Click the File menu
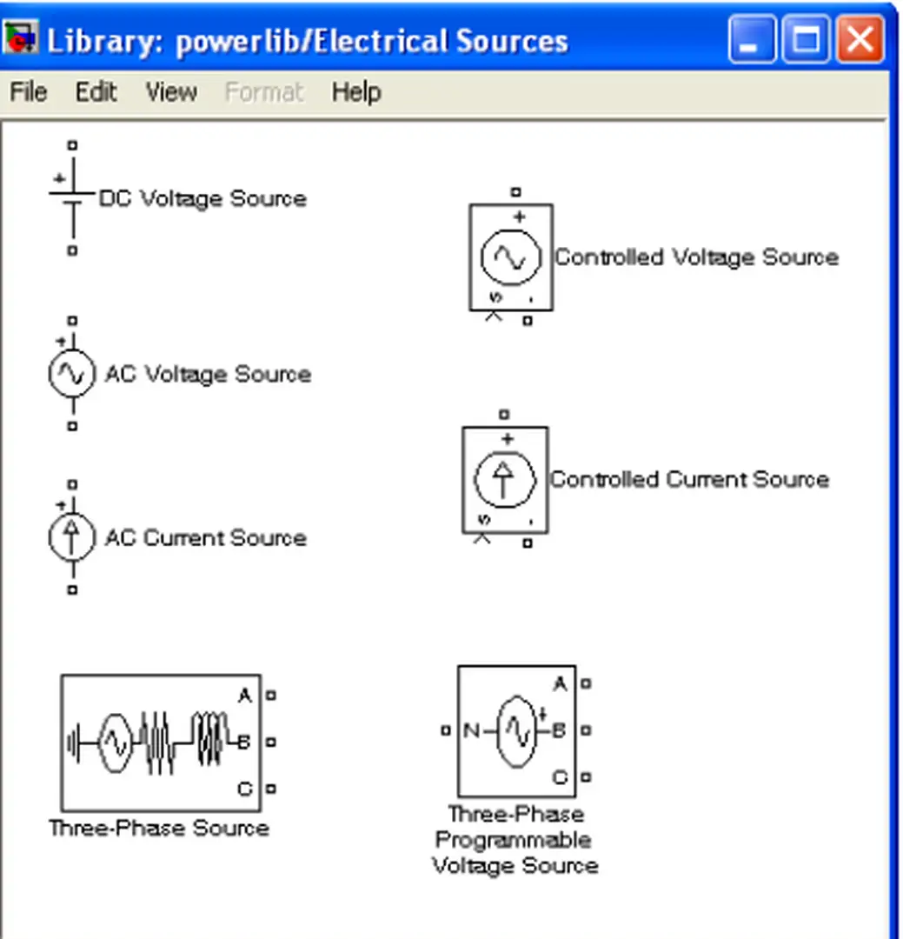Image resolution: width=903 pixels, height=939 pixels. (28, 92)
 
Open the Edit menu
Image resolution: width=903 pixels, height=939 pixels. (96, 92)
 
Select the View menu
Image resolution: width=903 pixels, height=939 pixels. (170, 92)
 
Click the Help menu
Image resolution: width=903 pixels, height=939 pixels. (355, 92)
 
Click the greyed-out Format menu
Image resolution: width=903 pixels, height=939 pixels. (264, 92)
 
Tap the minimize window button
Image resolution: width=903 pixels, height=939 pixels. (753, 40)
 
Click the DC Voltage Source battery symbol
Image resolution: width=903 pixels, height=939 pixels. (72, 198)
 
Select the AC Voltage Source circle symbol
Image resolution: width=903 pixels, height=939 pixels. (71, 374)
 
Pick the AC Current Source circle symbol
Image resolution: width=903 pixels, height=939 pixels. (71, 537)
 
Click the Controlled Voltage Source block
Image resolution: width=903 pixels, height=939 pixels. (511, 257)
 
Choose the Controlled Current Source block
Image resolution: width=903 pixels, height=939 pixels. (504, 479)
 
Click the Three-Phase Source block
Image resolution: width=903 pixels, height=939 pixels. (160, 743)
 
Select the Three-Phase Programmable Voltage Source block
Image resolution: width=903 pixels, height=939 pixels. (516, 730)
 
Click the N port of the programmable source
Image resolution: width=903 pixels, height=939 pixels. (446, 731)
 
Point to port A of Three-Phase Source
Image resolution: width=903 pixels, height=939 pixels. (271, 696)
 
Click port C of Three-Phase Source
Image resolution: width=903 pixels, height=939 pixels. (271, 789)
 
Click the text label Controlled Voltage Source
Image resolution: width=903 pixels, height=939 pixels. (696, 257)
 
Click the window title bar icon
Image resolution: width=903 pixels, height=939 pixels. (21, 40)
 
